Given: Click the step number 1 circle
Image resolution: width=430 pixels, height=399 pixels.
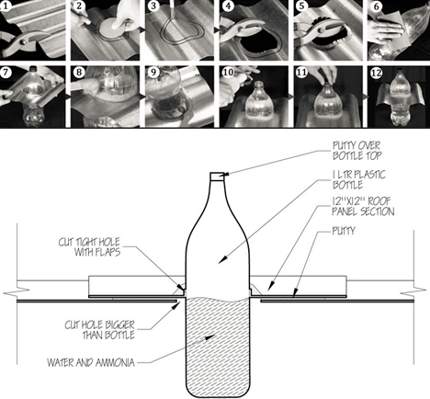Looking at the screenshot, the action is (x=6, y=6).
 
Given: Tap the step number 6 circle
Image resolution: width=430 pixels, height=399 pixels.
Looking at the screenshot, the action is (x=377, y=6).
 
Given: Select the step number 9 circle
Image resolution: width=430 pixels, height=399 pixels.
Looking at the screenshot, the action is (x=153, y=73).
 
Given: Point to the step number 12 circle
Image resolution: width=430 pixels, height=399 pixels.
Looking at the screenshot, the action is (x=377, y=73).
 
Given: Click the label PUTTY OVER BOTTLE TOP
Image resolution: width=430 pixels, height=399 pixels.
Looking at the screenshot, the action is (x=356, y=151).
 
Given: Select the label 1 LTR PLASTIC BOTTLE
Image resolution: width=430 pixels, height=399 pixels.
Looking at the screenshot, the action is (x=359, y=180).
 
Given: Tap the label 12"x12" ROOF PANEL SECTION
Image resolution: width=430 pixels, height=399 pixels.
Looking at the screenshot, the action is (x=363, y=207).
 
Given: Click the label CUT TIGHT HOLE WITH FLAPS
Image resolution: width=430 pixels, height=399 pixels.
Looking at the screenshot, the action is (x=89, y=247).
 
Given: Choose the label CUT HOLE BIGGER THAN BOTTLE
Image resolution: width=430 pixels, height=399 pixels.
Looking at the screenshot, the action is (x=100, y=330).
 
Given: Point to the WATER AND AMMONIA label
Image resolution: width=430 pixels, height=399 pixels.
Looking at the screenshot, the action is (x=91, y=363).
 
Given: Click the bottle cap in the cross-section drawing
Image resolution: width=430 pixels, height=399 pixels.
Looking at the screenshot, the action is (x=218, y=176).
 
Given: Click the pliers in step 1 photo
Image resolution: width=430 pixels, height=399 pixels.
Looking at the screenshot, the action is (x=25, y=42).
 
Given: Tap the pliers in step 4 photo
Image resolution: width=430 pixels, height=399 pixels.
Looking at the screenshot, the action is (x=242, y=29).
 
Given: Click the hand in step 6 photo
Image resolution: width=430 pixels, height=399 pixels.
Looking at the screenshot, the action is (x=387, y=29).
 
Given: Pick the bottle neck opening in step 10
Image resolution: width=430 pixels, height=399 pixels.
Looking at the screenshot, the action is (x=259, y=83).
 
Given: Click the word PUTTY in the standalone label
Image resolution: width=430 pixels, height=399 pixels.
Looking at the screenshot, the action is (x=344, y=231).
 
